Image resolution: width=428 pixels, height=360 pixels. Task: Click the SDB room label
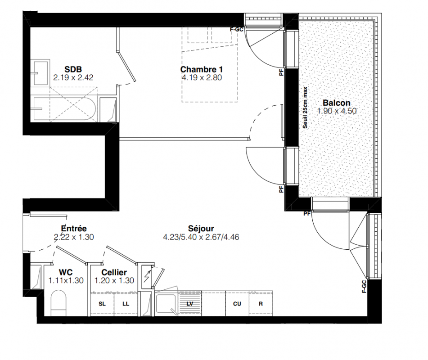[73, 69]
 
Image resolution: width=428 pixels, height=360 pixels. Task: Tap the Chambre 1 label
[202, 69]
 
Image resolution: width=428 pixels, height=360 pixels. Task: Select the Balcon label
[337, 103]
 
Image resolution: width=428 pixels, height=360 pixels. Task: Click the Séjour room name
[201, 228]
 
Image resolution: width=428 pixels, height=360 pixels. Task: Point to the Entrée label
[74, 228]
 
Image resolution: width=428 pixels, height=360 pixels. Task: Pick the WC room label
[66, 272]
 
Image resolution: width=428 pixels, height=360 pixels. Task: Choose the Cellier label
[114, 272]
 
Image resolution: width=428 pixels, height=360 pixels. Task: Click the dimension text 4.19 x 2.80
[202, 77]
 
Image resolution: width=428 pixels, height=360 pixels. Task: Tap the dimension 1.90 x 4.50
[337, 111]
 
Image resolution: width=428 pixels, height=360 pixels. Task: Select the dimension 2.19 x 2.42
[73, 77]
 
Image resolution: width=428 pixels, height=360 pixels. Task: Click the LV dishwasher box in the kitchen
[190, 303]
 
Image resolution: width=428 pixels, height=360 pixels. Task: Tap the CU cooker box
[237, 303]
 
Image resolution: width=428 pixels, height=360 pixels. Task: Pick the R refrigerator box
[261, 303]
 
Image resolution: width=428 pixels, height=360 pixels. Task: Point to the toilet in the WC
[59, 303]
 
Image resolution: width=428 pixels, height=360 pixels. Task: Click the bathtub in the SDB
[63, 108]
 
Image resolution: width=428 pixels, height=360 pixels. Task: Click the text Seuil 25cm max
[305, 108]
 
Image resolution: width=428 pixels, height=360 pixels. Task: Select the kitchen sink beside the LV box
[166, 303]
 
